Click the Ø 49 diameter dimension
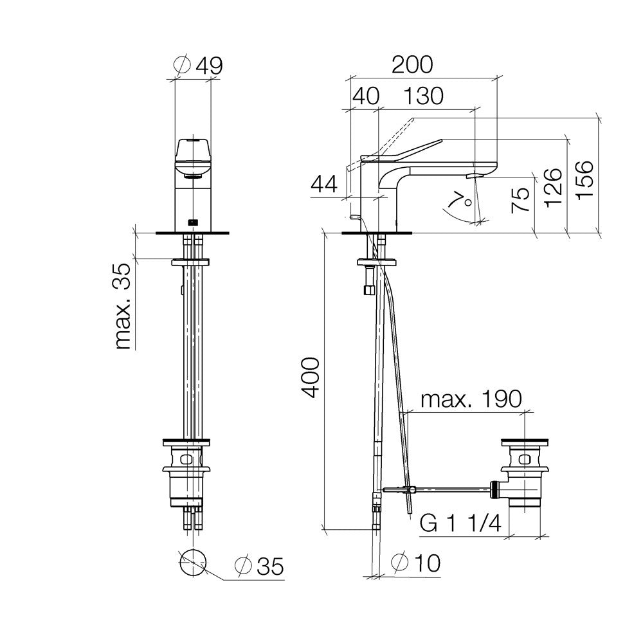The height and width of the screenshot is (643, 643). click(201, 64)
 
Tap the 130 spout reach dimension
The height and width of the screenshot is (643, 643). click(424, 96)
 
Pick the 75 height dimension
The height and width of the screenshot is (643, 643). click(521, 200)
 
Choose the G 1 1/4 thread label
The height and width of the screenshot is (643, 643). click(460, 525)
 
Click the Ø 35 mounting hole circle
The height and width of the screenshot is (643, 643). click(193, 564)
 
